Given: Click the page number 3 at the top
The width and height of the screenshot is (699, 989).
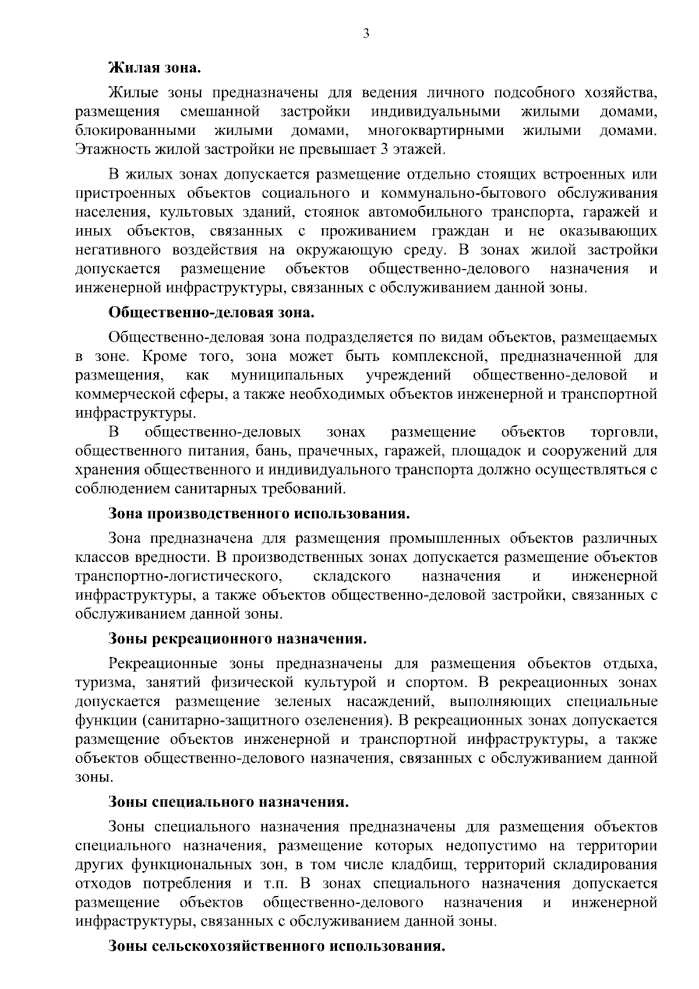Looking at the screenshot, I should coord(366,34).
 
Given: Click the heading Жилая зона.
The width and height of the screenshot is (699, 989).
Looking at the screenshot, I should coord(154,68).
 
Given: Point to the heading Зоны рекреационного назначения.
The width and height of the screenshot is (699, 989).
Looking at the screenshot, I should coord(238,639).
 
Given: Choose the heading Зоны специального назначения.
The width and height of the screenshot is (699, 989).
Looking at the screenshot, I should coord(229,802).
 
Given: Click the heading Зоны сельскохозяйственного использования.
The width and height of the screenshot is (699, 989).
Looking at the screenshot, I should coord(277,945).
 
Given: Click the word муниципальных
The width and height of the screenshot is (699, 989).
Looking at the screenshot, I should coord(287,375).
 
